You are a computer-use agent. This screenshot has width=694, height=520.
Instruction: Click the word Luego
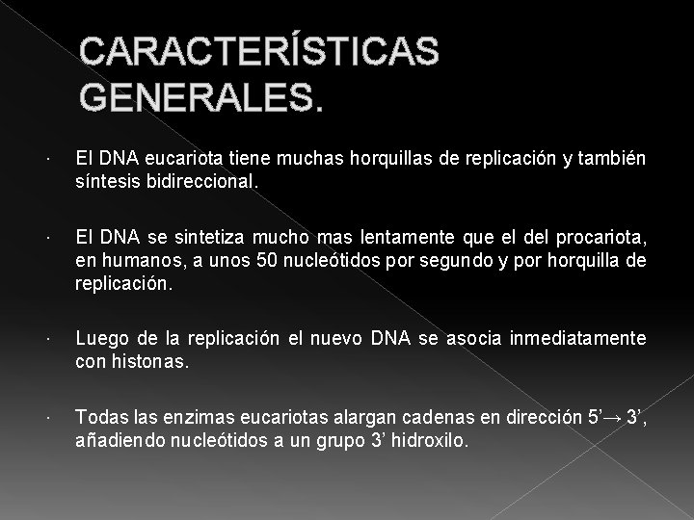[x=98, y=337]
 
